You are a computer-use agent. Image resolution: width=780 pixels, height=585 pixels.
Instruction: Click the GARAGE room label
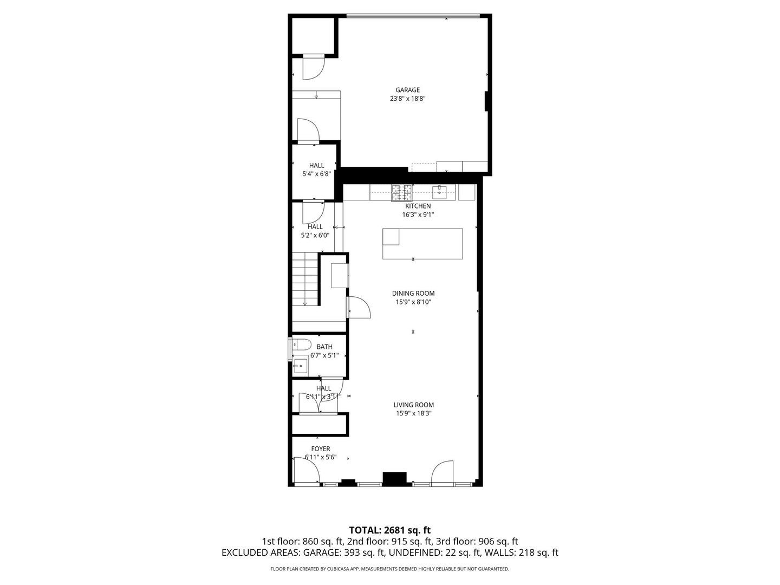407,90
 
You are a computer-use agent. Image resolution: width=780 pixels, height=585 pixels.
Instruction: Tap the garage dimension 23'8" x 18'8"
407,99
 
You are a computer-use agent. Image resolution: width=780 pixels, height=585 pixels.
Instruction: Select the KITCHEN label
418,206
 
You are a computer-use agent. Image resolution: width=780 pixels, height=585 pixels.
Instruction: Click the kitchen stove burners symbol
402,193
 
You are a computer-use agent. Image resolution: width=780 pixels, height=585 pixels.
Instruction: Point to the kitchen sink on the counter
440,192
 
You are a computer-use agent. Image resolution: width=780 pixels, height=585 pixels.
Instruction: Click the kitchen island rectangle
422,244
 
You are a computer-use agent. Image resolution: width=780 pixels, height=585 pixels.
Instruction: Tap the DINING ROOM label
413,294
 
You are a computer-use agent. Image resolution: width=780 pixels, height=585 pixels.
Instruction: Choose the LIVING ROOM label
414,405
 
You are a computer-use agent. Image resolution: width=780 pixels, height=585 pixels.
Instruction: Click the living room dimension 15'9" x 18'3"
414,413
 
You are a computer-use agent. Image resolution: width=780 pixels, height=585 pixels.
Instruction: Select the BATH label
324,347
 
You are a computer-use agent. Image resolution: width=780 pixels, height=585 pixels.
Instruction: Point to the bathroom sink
301,366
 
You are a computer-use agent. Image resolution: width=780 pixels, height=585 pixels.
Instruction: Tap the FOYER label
321,449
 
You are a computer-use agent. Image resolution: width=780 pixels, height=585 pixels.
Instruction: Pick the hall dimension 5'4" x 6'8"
317,174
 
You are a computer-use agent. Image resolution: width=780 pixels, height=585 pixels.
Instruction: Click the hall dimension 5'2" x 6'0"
315,235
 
